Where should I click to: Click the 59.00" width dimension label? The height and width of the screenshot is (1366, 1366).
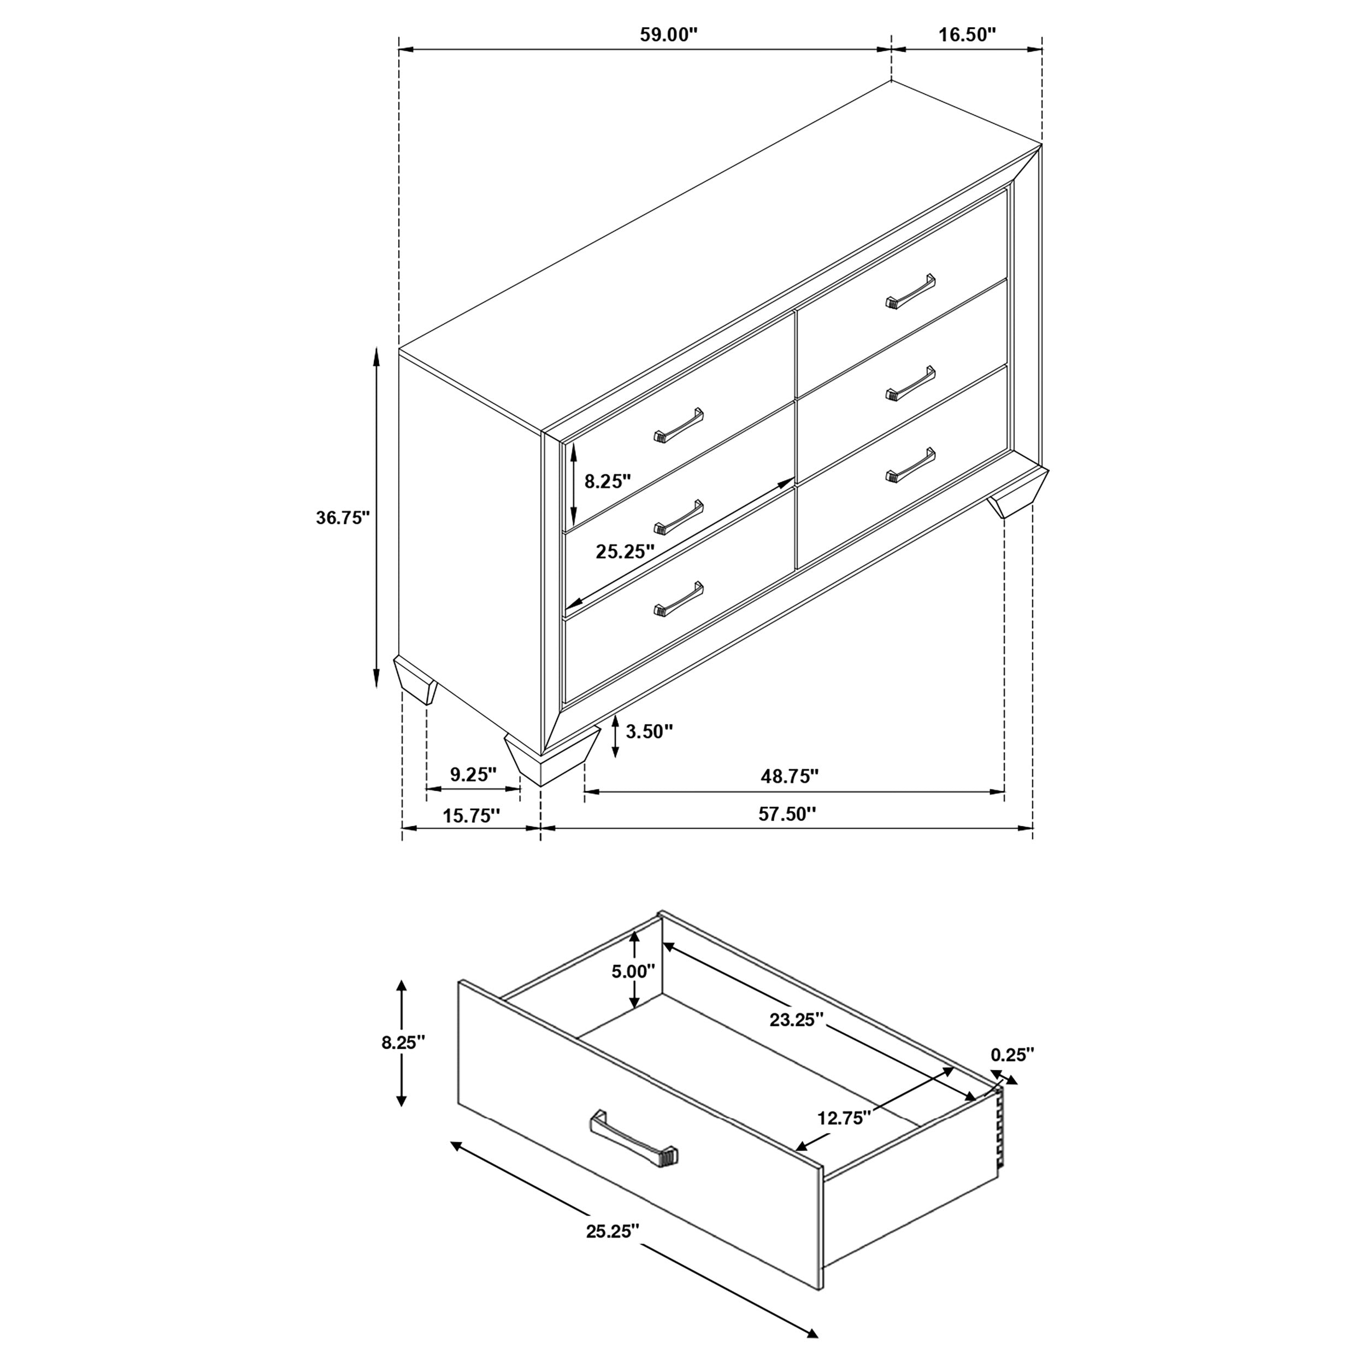coord(668,36)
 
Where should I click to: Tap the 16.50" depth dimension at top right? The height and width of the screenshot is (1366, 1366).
coord(967,36)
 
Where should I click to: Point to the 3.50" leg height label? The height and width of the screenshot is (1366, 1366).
coord(649,732)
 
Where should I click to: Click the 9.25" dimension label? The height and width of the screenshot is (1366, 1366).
coord(473,775)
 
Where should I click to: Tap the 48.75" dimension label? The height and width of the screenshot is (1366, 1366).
coord(789,776)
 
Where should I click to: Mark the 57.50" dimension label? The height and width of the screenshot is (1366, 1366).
coord(787,815)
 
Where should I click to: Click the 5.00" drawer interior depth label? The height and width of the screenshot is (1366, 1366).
coord(633,971)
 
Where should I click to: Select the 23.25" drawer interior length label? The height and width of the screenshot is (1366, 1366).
coord(797,1020)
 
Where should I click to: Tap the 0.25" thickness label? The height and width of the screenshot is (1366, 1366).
coord(1012,1055)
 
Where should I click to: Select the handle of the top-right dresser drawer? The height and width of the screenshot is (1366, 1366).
coord(910,291)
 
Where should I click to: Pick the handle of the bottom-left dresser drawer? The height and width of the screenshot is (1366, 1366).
coord(679,599)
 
